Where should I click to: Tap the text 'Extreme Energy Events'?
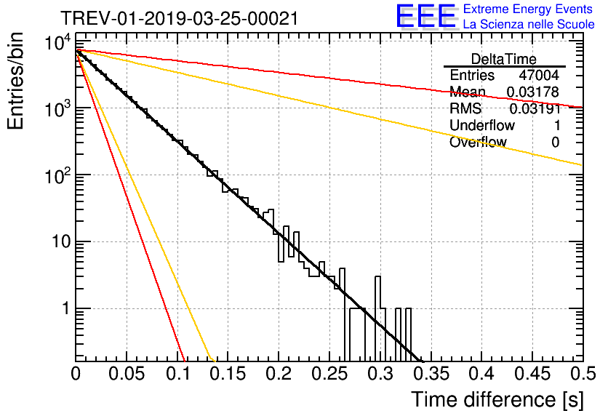point(529,9)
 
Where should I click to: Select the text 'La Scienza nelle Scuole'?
point(529,25)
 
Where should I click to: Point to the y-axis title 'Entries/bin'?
point(18,81)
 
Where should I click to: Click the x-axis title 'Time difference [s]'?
point(496,399)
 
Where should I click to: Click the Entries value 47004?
point(539,75)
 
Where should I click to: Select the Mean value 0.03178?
point(533,92)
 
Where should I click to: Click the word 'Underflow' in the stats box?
point(481,125)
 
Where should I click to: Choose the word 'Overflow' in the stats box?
point(478,142)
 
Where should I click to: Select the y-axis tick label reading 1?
point(64,308)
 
